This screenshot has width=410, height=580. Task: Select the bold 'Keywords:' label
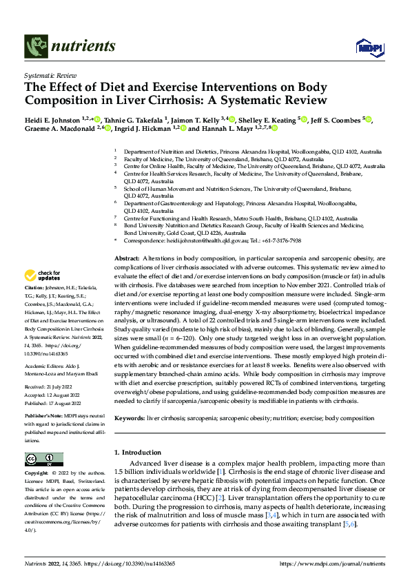click(130, 418)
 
